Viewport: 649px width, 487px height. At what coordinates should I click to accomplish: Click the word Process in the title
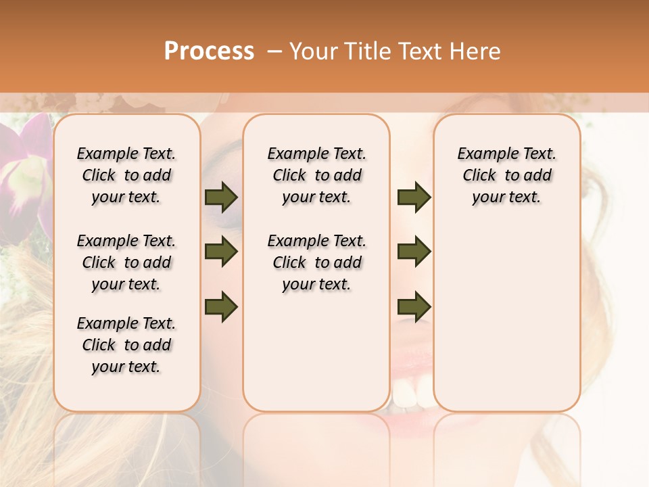[x=209, y=51]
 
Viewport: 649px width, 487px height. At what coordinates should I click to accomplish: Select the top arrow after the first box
[x=221, y=198]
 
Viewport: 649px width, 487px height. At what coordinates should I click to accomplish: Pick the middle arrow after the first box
[x=221, y=252]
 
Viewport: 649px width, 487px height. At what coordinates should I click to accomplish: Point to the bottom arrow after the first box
[x=221, y=306]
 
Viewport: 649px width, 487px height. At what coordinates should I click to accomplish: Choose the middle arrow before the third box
[x=414, y=252]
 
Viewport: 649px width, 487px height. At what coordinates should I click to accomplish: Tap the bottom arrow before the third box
[x=414, y=306]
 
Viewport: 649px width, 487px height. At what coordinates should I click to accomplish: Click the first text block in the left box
[x=126, y=175]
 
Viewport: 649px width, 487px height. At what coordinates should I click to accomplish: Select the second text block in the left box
[x=126, y=262]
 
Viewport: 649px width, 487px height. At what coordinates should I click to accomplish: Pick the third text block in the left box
[x=126, y=345]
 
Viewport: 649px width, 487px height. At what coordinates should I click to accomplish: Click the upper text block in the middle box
[x=316, y=175]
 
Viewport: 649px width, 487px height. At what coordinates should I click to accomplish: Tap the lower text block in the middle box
[x=316, y=262]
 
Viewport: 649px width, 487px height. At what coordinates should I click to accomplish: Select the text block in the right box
[x=506, y=175]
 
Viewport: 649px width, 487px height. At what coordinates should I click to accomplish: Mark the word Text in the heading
[x=423, y=51]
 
